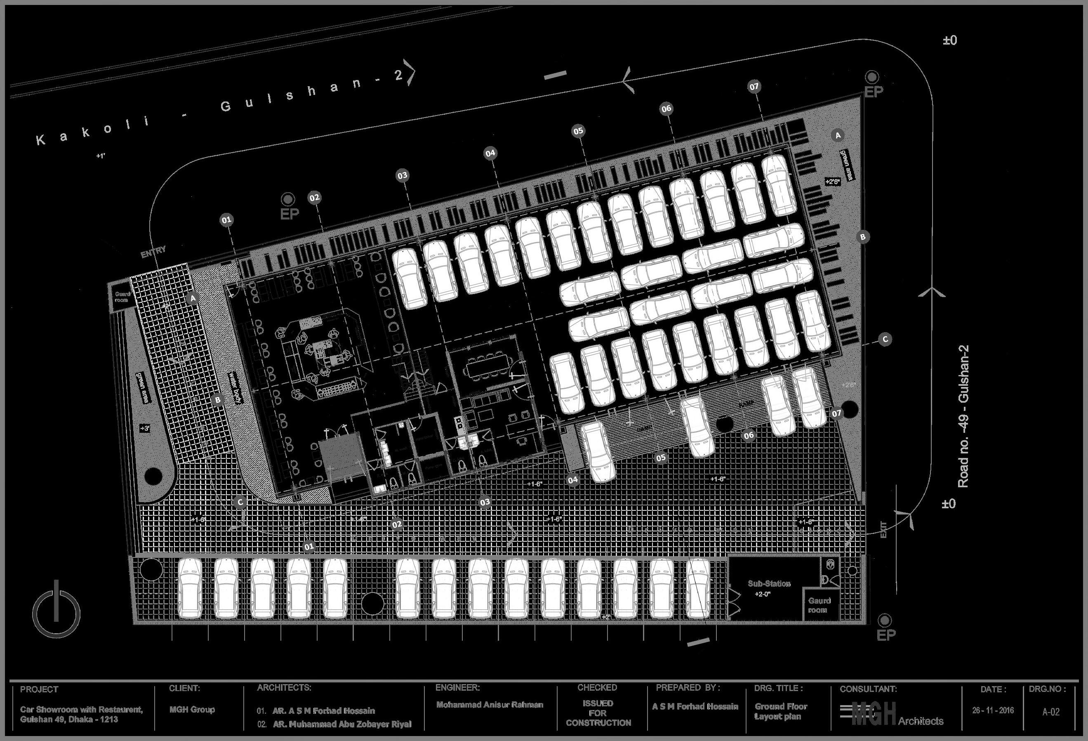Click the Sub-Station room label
pyautogui.click(x=769, y=584)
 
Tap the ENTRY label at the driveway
pyautogui.click(x=153, y=252)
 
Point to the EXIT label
pyautogui.click(x=883, y=530)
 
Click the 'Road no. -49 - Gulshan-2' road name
pyautogui.click(x=963, y=416)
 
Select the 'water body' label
pyautogui.click(x=235, y=388)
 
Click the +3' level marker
pyautogui.click(x=145, y=428)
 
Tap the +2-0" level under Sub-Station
pyautogui.click(x=763, y=595)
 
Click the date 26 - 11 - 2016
pyautogui.click(x=992, y=710)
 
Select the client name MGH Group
pyautogui.click(x=192, y=710)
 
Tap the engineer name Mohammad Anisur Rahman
pyautogui.click(x=490, y=704)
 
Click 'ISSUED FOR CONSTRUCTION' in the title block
pyautogui.click(x=598, y=713)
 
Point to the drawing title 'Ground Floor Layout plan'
pyautogui.click(x=780, y=711)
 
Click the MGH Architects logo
pyautogui.click(x=892, y=714)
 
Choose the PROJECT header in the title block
pyautogui.click(x=39, y=689)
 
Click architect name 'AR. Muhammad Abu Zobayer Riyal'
pyautogui.click(x=342, y=724)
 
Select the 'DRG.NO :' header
pyautogui.click(x=1047, y=689)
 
